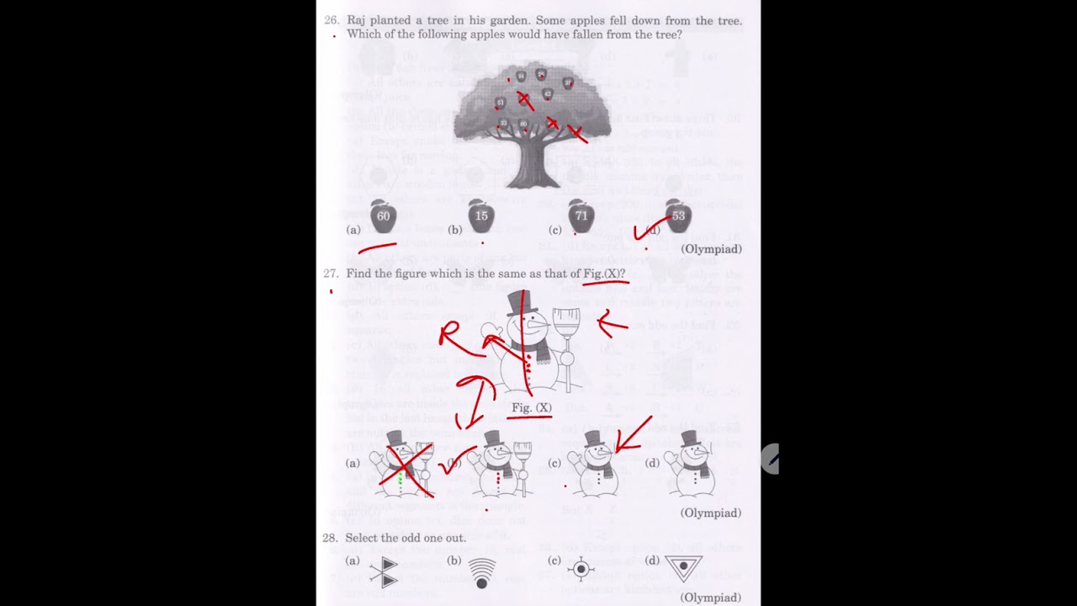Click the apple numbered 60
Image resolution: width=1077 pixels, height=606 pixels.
click(x=383, y=216)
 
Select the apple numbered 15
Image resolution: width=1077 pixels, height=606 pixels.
click(x=480, y=216)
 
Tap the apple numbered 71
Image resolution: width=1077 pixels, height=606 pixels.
click(x=581, y=216)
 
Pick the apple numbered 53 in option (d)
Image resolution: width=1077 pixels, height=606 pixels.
click(x=677, y=216)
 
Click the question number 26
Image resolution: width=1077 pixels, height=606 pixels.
click(x=331, y=20)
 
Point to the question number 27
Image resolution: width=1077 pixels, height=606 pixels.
click(x=331, y=274)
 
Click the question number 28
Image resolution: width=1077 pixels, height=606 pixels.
click(x=330, y=538)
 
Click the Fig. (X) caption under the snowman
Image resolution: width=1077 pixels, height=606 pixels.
click(x=532, y=408)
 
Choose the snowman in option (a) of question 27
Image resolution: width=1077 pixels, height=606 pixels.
click(x=399, y=465)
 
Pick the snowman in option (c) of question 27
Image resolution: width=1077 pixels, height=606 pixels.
click(x=596, y=465)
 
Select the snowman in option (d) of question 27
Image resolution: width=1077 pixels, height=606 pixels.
click(x=692, y=465)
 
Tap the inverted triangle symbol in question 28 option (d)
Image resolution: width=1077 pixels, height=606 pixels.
click(x=683, y=568)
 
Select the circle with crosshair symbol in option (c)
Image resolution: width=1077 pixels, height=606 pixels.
click(x=581, y=569)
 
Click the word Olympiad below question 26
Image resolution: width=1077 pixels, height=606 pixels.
click(x=711, y=249)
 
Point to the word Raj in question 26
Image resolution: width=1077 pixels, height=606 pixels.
click(x=357, y=20)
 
